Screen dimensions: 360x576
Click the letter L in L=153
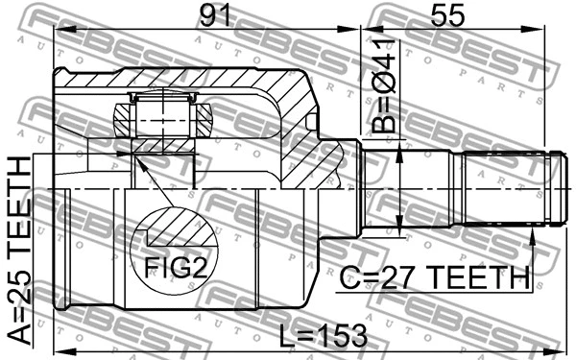pyautogui.click(x=285, y=336)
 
